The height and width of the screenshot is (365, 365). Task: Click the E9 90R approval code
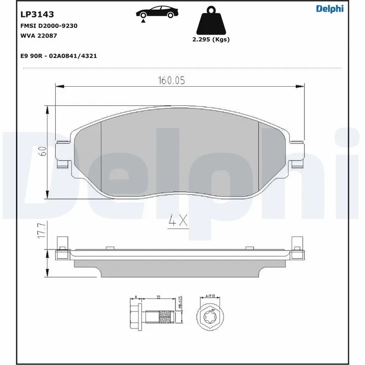coord(58,56)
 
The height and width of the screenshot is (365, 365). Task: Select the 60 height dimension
coord(43,151)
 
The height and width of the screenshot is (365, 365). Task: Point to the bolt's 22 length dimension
coord(159,298)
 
